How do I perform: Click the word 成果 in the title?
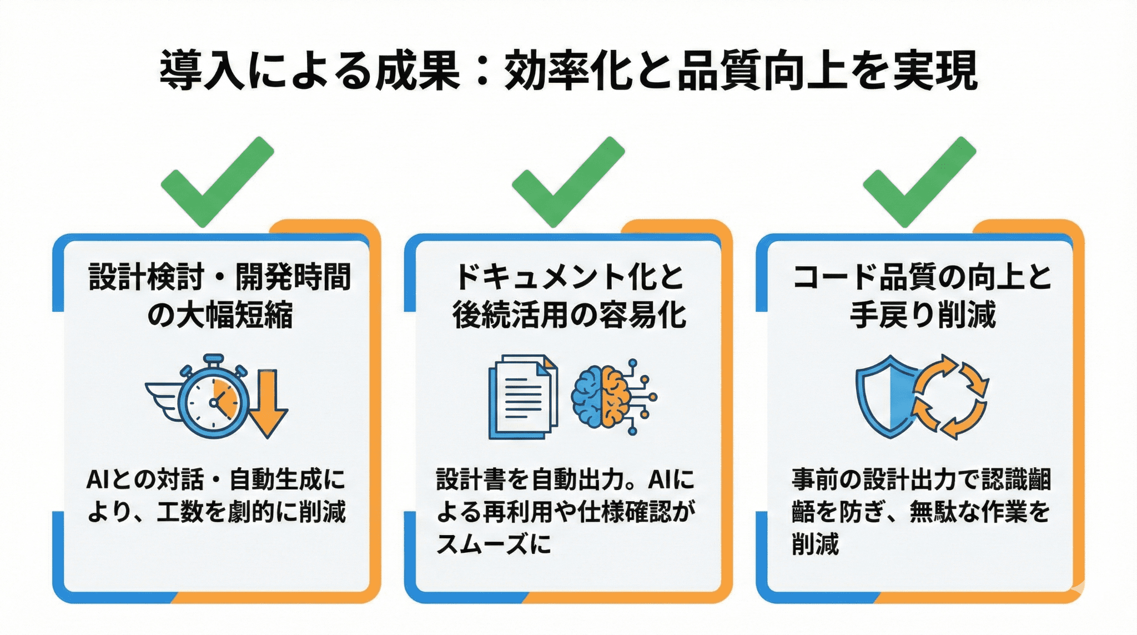click(x=417, y=71)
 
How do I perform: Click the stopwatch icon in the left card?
click(x=214, y=399)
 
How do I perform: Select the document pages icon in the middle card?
click(x=522, y=397)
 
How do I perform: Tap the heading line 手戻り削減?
click(x=922, y=315)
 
